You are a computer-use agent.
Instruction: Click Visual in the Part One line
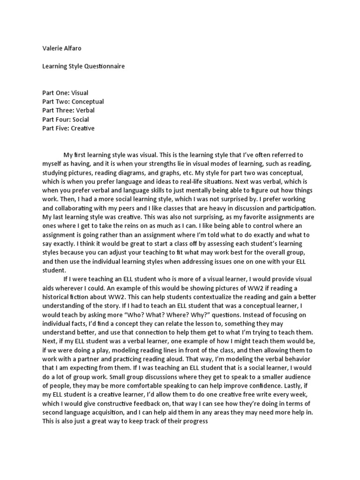coord(79,93)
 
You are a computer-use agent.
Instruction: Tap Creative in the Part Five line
coord(82,128)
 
